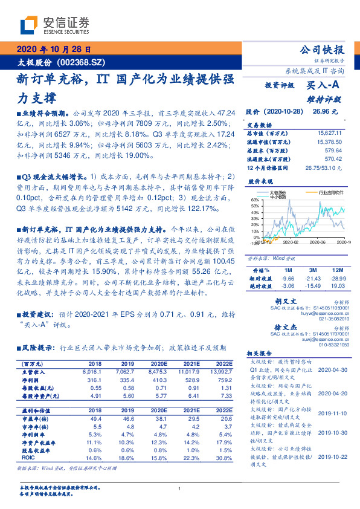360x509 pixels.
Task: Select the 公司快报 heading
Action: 322,50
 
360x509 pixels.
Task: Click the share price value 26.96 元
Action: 325,112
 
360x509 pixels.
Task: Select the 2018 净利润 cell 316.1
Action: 95,380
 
